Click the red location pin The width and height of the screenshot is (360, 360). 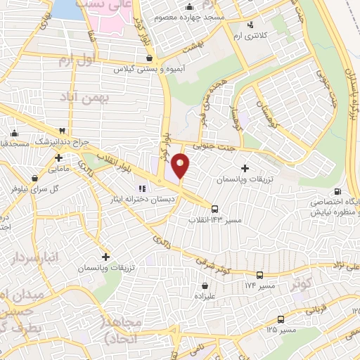181,166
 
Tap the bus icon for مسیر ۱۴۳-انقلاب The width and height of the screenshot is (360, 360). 215,208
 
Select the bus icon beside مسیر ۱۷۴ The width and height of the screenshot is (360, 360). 260,275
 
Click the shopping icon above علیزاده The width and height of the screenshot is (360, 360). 205,286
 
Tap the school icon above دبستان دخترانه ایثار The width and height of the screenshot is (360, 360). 141,188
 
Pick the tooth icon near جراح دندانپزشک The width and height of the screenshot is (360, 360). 63,131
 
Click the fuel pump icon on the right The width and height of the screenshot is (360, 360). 338,191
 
